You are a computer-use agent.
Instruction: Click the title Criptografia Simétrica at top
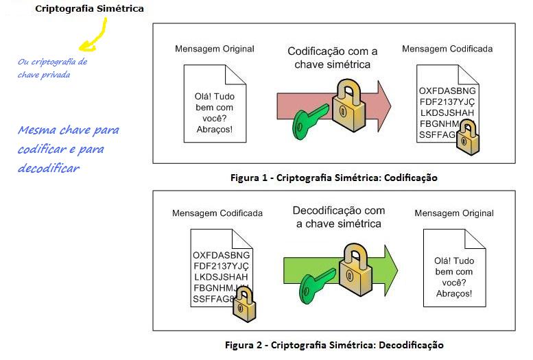89,9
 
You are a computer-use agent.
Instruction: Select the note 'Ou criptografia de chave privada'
52,68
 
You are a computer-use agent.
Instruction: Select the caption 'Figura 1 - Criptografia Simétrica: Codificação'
334,177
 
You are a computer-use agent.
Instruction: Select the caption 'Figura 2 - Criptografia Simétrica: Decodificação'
334,344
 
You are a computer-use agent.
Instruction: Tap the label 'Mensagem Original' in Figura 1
214,49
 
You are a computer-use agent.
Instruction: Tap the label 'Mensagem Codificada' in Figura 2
217,213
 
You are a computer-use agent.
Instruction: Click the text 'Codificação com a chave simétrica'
332,58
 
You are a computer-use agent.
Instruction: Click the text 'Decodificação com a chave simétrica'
338,217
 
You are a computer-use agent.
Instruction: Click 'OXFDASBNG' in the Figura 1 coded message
447,91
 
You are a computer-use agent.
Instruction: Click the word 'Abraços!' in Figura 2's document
454,293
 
